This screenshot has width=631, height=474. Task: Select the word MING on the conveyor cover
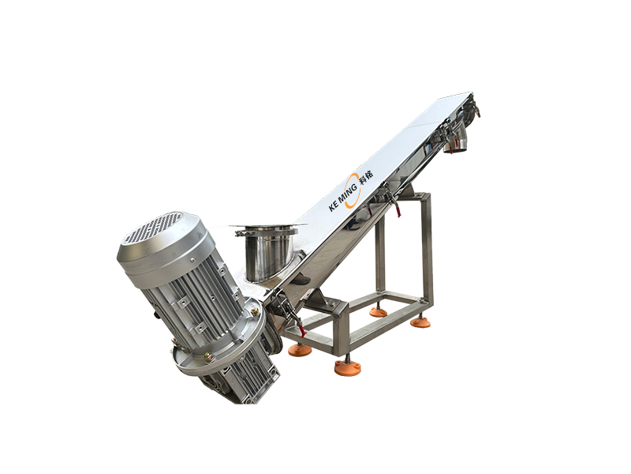pyautogui.click(x=347, y=193)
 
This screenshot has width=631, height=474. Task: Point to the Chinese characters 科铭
pyautogui.click(x=367, y=176)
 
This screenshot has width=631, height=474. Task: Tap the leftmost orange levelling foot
pyautogui.click(x=300, y=349)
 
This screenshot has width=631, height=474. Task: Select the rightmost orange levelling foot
pyautogui.click(x=420, y=322)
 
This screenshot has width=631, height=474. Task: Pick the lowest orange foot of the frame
pyautogui.click(x=347, y=367)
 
